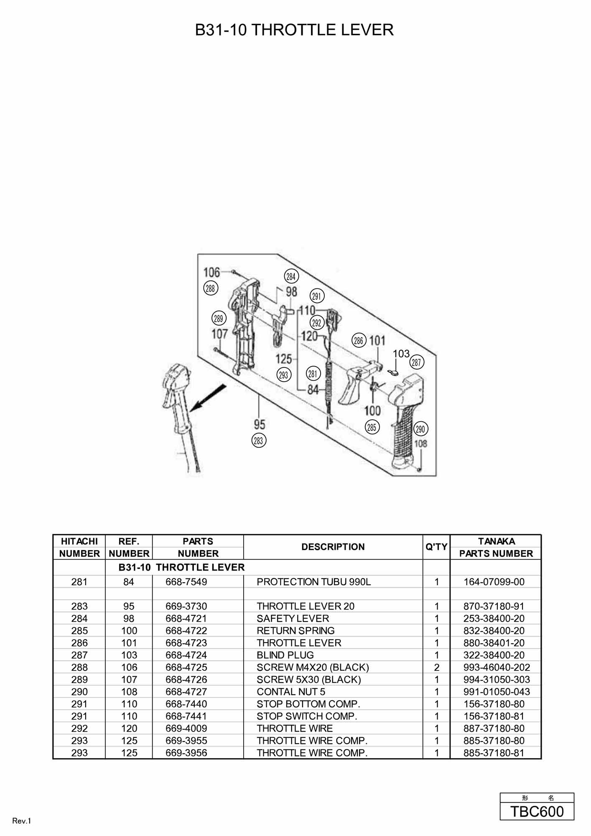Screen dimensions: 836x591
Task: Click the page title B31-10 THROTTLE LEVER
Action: tap(294, 30)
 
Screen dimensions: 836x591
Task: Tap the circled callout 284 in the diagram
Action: tap(291, 276)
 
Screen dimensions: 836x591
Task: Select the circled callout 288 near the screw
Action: tap(210, 288)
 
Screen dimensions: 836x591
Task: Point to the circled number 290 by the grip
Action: tap(420, 429)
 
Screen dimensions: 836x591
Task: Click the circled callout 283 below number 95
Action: tap(259, 441)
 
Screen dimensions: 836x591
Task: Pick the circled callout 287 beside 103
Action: tap(416, 362)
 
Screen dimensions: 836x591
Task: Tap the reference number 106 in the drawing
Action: tap(211, 273)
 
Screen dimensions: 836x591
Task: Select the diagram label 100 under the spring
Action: tap(372, 410)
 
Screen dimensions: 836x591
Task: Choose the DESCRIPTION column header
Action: tap(333, 547)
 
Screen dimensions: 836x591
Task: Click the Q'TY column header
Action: tap(436, 547)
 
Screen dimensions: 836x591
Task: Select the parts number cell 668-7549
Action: tap(186, 582)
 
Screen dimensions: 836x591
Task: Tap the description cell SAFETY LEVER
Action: tap(293, 618)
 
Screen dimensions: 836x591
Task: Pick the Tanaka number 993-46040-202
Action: tap(497, 667)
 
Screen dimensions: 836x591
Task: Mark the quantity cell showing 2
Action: tap(436, 667)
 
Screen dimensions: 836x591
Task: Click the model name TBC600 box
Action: tap(537, 811)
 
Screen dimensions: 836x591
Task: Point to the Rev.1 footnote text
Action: tap(22, 821)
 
